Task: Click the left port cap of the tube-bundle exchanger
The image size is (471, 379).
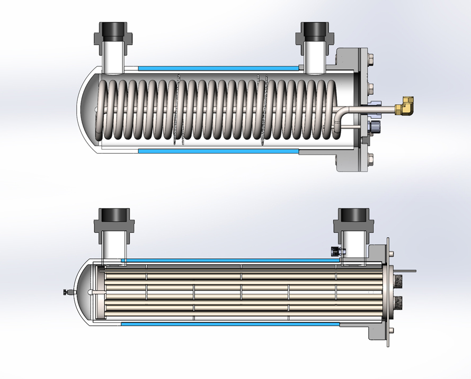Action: (x=112, y=216)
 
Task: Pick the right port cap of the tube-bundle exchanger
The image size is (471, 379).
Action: (x=353, y=216)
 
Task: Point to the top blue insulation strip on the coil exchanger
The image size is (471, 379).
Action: (x=217, y=68)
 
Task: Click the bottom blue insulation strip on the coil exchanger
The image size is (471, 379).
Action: (x=217, y=151)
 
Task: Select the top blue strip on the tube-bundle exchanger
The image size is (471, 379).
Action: (x=228, y=260)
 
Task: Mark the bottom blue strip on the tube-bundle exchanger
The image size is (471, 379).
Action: (x=228, y=323)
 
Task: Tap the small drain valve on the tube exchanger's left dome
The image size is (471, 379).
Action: (x=66, y=292)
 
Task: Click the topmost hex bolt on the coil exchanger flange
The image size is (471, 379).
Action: (x=370, y=57)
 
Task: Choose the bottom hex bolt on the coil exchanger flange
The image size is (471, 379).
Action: (x=370, y=157)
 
